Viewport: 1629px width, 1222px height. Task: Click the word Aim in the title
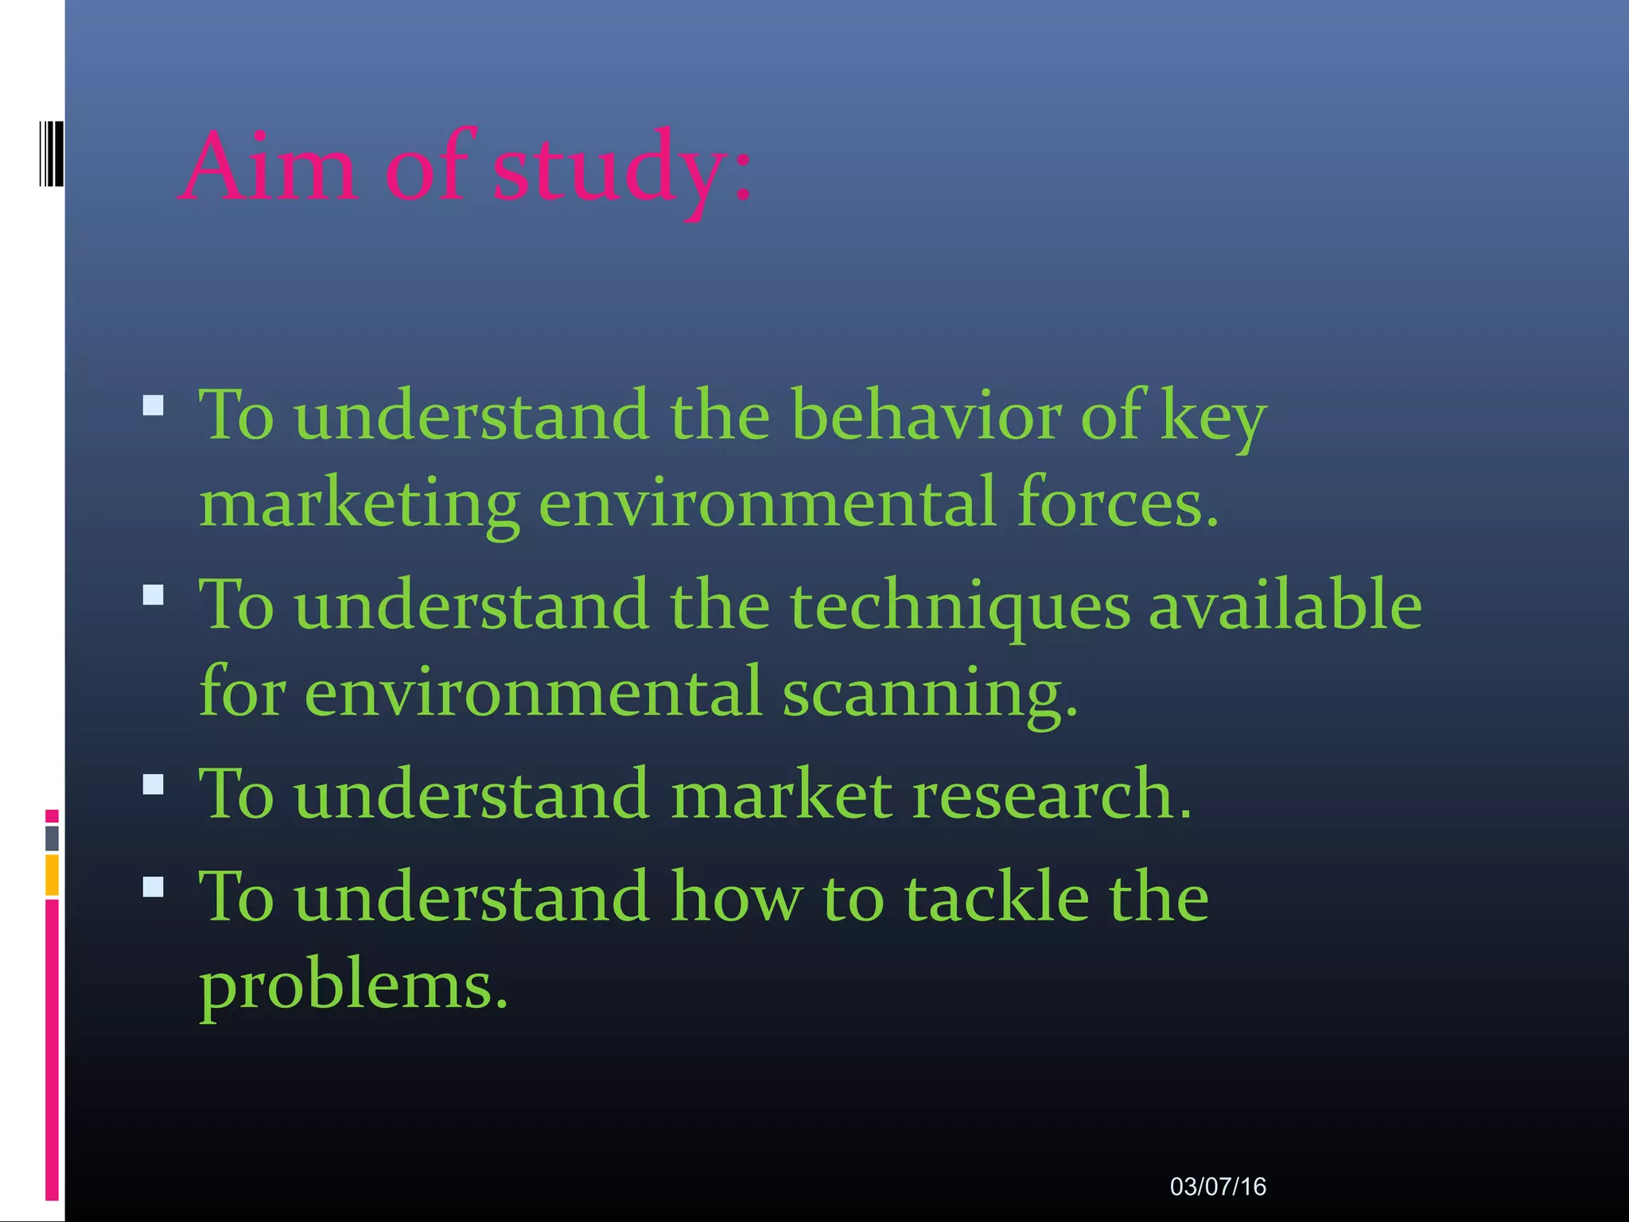pyautogui.click(x=269, y=167)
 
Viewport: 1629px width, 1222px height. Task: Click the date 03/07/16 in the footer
pyautogui.click(x=1217, y=1187)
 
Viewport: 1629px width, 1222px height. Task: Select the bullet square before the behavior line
pyautogui.click(x=154, y=406)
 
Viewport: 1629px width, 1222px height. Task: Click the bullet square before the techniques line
pyautogui.click(x=154, y=594)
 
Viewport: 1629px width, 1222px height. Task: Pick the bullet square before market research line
pyautogui.click(x=154, y=784)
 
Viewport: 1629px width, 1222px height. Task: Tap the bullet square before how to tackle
pyautogui.click(x=154, y=886)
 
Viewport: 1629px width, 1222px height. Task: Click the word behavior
pyautogui.click(x=926, y=415)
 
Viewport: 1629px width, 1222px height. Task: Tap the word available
pyautogui.click(x=1285, y=605)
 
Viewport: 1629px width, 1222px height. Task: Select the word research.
pyautogui.click(x=1052, y=794)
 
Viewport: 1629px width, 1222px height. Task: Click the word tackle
pyautogui.click(x=997, y=897)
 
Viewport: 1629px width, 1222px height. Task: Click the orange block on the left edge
pyautogui.click(x=52, y=875)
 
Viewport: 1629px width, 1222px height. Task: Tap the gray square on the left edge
pyautogui.click(x=52, y=838)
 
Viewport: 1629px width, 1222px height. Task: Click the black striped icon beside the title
pyautogui.click(x=52, y=154)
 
